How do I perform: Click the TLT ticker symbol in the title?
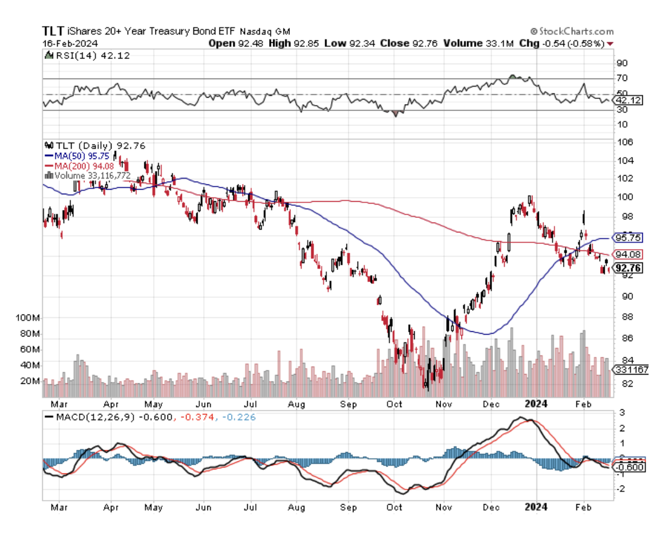(53, 31)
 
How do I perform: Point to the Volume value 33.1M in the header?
(501, 43)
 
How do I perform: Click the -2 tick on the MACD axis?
(622, 489)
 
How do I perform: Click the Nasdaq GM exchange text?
(265, 32)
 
